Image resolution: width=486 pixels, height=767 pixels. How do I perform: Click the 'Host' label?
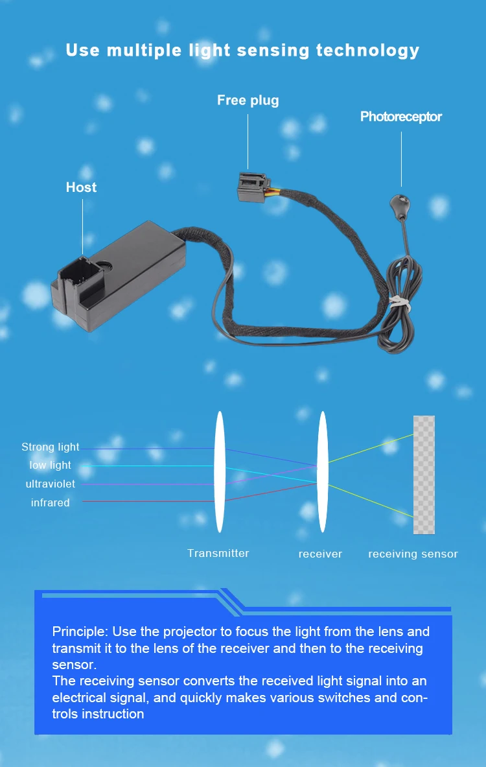click(x=81, y=187)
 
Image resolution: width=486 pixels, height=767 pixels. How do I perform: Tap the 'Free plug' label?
click(x=248, y=100)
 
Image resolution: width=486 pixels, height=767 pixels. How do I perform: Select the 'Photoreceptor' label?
click(x=400, y=117)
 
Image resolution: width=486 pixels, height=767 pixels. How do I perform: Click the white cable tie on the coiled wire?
click(x=400, y=301)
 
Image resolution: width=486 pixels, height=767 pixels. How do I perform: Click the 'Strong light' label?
click(x=51, y=447)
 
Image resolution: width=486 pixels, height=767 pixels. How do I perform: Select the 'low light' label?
click(x=51, y=466)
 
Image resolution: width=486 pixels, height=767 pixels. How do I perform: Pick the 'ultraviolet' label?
click(x=51, y=484)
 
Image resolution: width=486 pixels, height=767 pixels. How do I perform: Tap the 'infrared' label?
click(x=51, y=503)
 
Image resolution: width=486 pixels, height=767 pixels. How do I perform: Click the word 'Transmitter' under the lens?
click(x=218, y=553)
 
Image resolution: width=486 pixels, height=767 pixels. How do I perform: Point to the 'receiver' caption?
click(x=320, y=554)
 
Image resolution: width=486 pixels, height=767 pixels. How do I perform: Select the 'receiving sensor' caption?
click(x=413, y=554)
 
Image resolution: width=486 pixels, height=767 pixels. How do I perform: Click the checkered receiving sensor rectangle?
click(x=424, y=475)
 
